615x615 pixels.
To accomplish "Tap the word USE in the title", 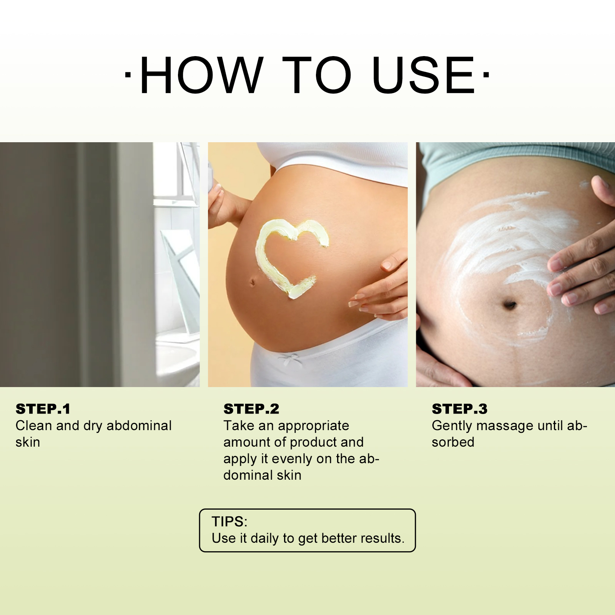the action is point(424,75).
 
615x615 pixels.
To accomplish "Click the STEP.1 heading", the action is point(43,409).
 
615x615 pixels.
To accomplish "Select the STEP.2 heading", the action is point(251,409).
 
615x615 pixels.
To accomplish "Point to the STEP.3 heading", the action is point(460,409).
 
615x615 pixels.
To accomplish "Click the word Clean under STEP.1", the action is point(34,426).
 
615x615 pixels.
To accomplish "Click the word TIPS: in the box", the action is point(229,522).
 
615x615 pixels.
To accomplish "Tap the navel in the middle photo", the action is point(253,283).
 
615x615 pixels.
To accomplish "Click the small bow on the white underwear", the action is point(288,360).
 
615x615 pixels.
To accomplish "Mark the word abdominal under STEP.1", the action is point(139,426).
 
